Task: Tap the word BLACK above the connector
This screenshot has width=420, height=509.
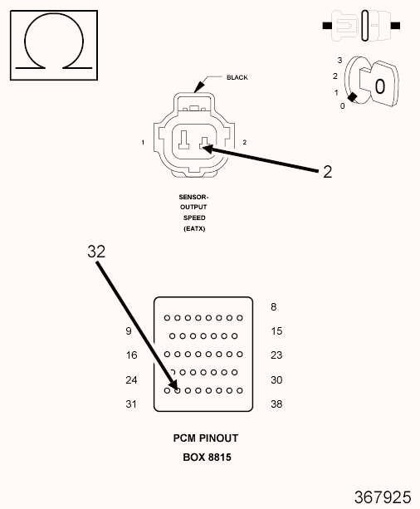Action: [237, 77]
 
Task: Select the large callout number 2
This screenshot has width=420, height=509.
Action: [328, 172]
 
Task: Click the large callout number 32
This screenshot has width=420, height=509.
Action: [96, 252]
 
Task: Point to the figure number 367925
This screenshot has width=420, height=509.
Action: [383, 497]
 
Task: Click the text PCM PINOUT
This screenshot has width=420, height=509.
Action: [206, 438]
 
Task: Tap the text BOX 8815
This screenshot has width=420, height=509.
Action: [207, 458]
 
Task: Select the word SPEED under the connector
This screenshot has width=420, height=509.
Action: [194, 218]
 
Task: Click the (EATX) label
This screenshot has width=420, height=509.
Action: [194, 228]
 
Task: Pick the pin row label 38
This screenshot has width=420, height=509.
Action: [276, 404]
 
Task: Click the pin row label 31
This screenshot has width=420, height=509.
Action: [131, 404]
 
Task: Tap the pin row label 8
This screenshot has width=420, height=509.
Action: [274, 307]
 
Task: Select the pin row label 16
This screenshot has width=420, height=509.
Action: [131, 355]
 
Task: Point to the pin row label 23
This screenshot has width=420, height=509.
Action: [276, 355]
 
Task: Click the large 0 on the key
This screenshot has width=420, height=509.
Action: [380, 86]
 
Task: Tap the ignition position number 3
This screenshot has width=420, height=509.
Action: [339, 61]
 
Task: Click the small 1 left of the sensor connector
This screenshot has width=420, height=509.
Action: [143, 142]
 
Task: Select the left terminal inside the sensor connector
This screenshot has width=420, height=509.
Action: [183, 139]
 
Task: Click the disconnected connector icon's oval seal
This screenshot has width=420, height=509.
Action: [365, 26]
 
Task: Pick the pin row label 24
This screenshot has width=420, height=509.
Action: [131, 380]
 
